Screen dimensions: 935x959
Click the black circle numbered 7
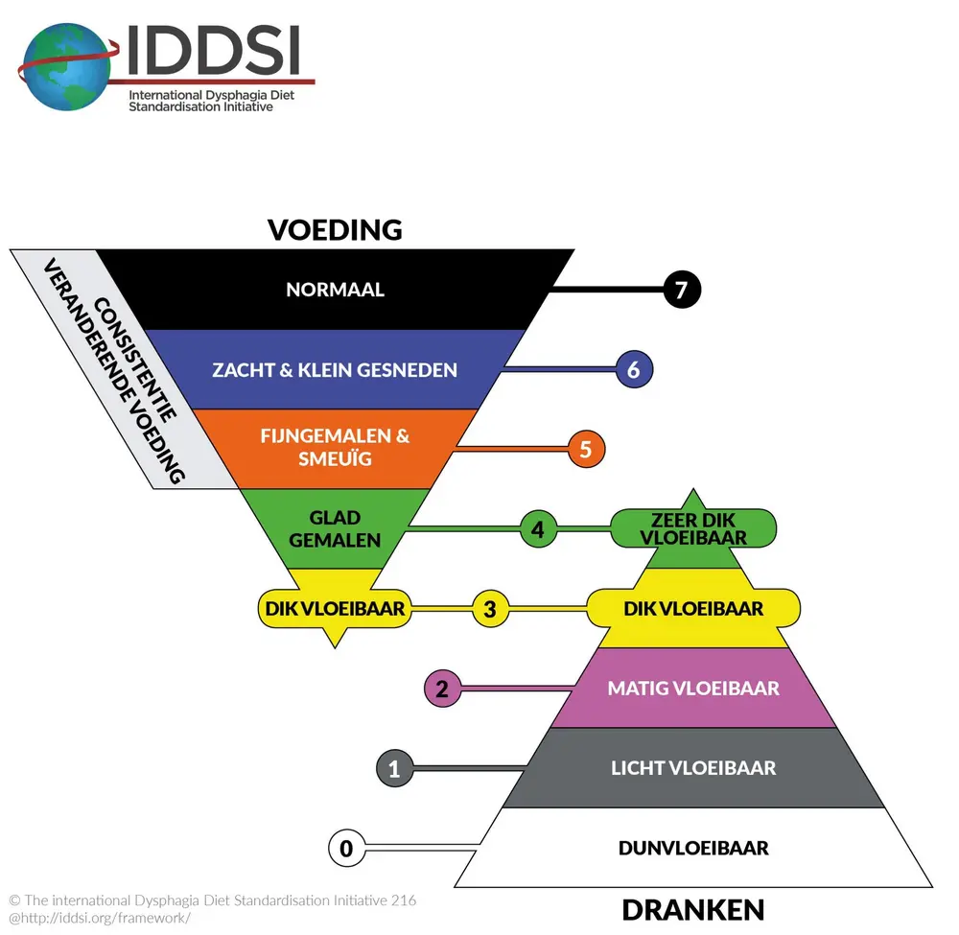tap(682, 290)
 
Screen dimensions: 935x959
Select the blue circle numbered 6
tap(634, 369)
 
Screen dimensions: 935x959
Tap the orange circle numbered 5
tap(586, 448)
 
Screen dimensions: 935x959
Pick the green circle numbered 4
tap(538, 527)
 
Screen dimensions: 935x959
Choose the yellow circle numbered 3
tap(490, 608)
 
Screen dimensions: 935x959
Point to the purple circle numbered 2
tap(442, 688)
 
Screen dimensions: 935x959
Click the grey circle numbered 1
tap(394, 767)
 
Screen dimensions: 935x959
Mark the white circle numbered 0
tap(346, 848)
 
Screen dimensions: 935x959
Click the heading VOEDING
tap(335, 230)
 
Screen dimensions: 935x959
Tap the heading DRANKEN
tap(692, 909)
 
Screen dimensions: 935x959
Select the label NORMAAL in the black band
tap(335, 290)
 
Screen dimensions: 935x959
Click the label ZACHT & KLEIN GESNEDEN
tap(335, 369)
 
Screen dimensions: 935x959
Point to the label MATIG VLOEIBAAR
tap(693, 688)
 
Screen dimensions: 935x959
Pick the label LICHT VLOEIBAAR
tap(693, 767)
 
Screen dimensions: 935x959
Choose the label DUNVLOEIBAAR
tap(693, 848)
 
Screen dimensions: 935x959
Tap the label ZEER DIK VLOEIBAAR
tap(692, 527)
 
